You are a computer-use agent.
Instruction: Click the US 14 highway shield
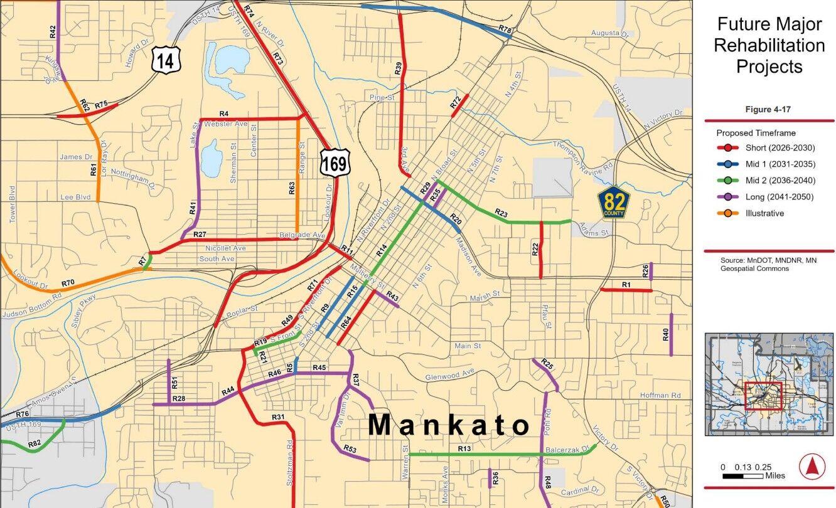[x=166, y=60]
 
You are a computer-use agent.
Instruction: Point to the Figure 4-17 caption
[x=768, y=109]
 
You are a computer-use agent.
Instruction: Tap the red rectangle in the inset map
[x=763, y=396]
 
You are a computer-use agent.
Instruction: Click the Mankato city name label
[x=449, y=425]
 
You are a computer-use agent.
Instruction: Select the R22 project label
[x=535, y=250]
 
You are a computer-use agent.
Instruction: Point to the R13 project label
[x=464, y=448]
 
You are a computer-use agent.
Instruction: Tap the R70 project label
[x=68, y=283]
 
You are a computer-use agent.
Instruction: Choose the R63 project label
[x=292, y=189]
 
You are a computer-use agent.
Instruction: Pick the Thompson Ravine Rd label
[x=582, y=154]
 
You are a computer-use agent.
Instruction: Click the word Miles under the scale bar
[x=774, y=476]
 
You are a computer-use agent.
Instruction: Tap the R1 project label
[x=626, y=285]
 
